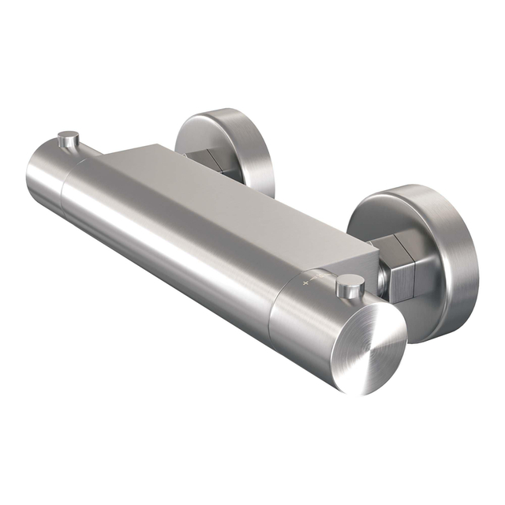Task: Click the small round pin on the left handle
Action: point(70,140)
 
